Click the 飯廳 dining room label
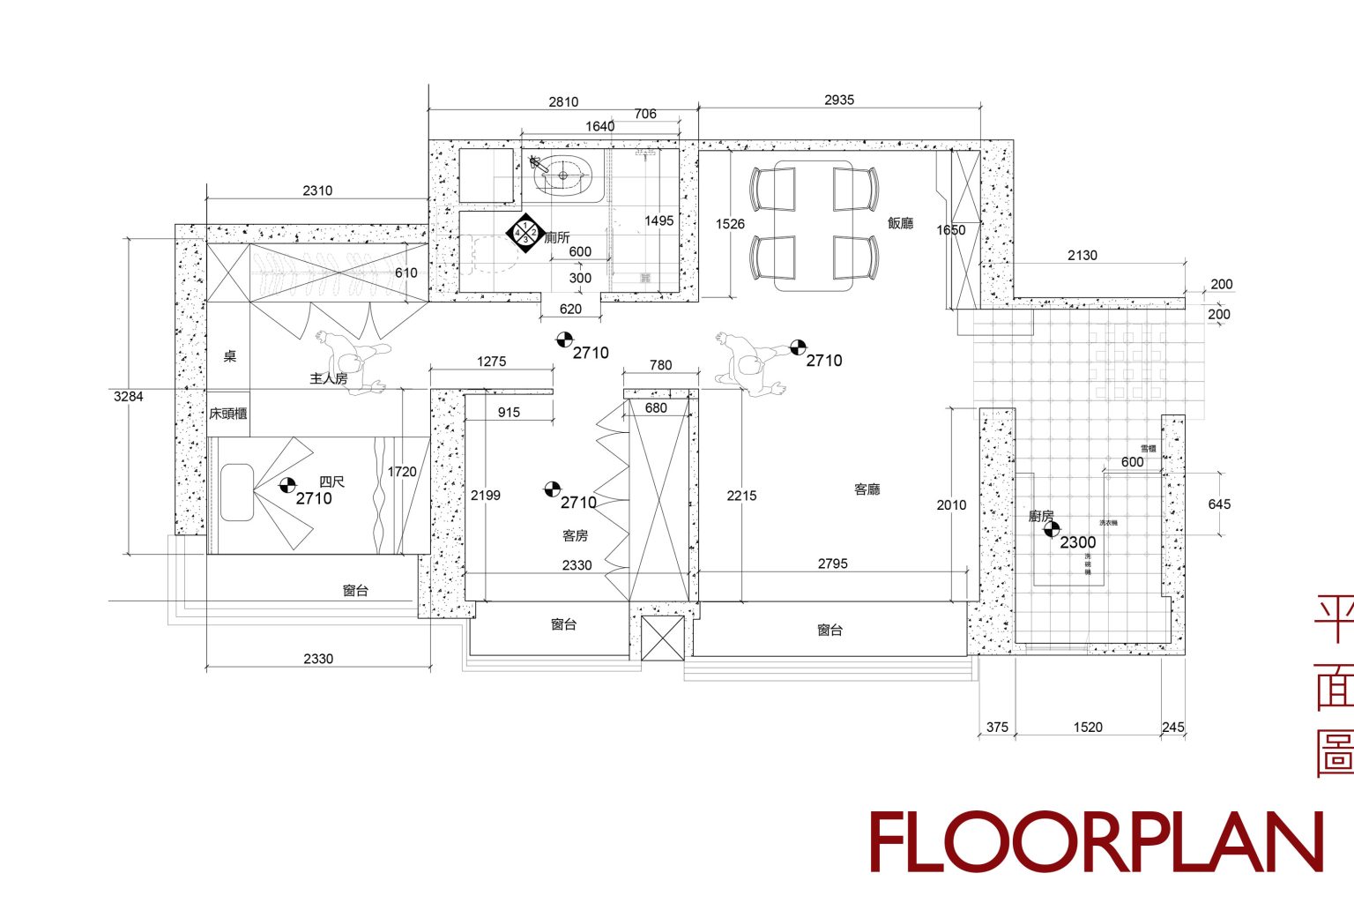point(900,223)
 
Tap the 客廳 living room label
point(867,489)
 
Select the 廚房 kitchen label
point(1041,516)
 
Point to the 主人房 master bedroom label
point(328,378)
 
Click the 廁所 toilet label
point(557,237)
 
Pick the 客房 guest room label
point(575,535)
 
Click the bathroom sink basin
point(563,174)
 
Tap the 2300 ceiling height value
point(1078,542)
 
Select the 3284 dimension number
point(128,397)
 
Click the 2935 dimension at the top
point(839,101)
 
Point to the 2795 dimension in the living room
point(832,563)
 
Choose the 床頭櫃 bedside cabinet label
point(227,414)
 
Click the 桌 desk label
point(230,356)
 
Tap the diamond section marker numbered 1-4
point(525,233)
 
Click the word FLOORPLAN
point(1097,842)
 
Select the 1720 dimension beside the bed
point(402,472)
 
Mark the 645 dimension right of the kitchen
point(1219,504)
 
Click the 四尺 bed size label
point(331,481)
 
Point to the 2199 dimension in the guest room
point(486,496)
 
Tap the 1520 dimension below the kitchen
point(1088,728)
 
